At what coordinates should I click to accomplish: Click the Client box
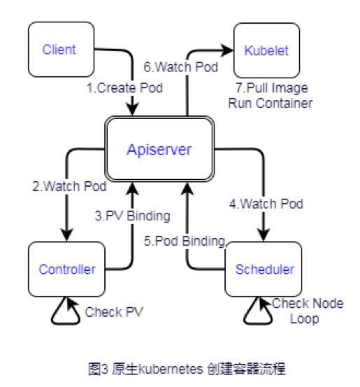(61, 50)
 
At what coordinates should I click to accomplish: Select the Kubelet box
(266, 50)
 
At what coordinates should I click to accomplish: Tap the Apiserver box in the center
(159, 149)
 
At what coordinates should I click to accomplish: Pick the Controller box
(66, 269)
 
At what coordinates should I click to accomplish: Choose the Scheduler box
(264, 269)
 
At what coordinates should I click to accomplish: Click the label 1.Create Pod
(124, 88)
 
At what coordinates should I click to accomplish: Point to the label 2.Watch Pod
(69, 186)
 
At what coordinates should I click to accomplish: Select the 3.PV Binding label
(133, 216)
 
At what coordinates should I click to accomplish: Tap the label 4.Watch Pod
(266, 204)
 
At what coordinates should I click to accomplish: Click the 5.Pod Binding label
(185, 241)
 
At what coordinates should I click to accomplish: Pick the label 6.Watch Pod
(181, 67)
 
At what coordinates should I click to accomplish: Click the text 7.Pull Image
(272, 88)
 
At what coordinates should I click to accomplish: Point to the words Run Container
(271, 103)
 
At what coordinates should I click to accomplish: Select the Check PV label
(114, 312)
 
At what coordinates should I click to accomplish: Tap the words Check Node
(308, 303)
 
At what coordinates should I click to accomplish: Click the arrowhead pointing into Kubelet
(227, 50)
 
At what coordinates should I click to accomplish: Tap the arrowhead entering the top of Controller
(66, 235)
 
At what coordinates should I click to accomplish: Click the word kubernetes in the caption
(171, 370)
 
